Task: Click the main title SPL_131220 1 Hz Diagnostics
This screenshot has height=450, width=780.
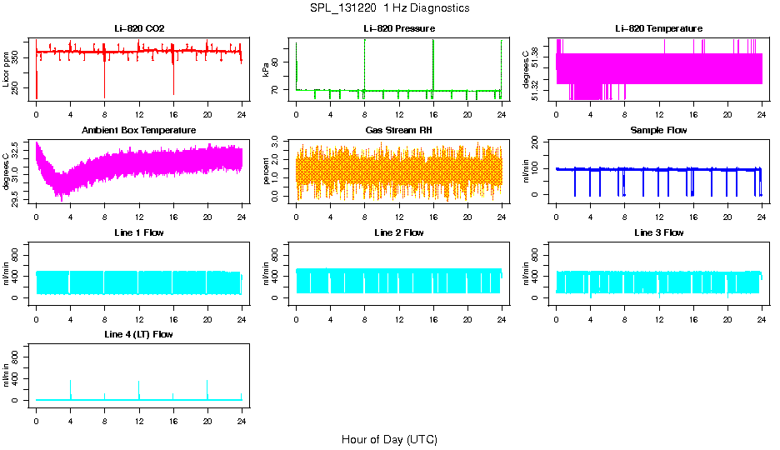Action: [x=389, y=8]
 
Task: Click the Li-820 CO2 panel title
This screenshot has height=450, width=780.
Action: [x=139, y=28]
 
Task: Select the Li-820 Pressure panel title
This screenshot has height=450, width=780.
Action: [x=399, y=28]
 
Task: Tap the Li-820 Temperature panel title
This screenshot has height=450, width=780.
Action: [x=658, y=28]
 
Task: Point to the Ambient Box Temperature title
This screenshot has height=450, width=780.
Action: [x=139, y=130]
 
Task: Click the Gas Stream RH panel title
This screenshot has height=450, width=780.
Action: [x=399, y=130]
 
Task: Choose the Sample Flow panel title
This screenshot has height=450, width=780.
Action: [x=658, y=130]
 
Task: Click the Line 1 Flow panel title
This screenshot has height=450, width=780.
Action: [x=139, y=232]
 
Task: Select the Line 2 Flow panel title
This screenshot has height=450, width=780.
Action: [x=399, y=232]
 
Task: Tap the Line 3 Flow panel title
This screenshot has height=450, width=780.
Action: [x=658, y=232]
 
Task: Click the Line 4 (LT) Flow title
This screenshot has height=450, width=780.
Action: [x=139, y=334]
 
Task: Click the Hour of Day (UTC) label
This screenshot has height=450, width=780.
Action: [x=389, y=439]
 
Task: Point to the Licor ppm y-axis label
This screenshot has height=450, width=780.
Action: [x=7, y=69]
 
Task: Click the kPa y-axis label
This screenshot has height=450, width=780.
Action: [x=267, y=69]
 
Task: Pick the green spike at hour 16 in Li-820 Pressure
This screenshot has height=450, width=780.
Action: [x=433, y=62]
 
